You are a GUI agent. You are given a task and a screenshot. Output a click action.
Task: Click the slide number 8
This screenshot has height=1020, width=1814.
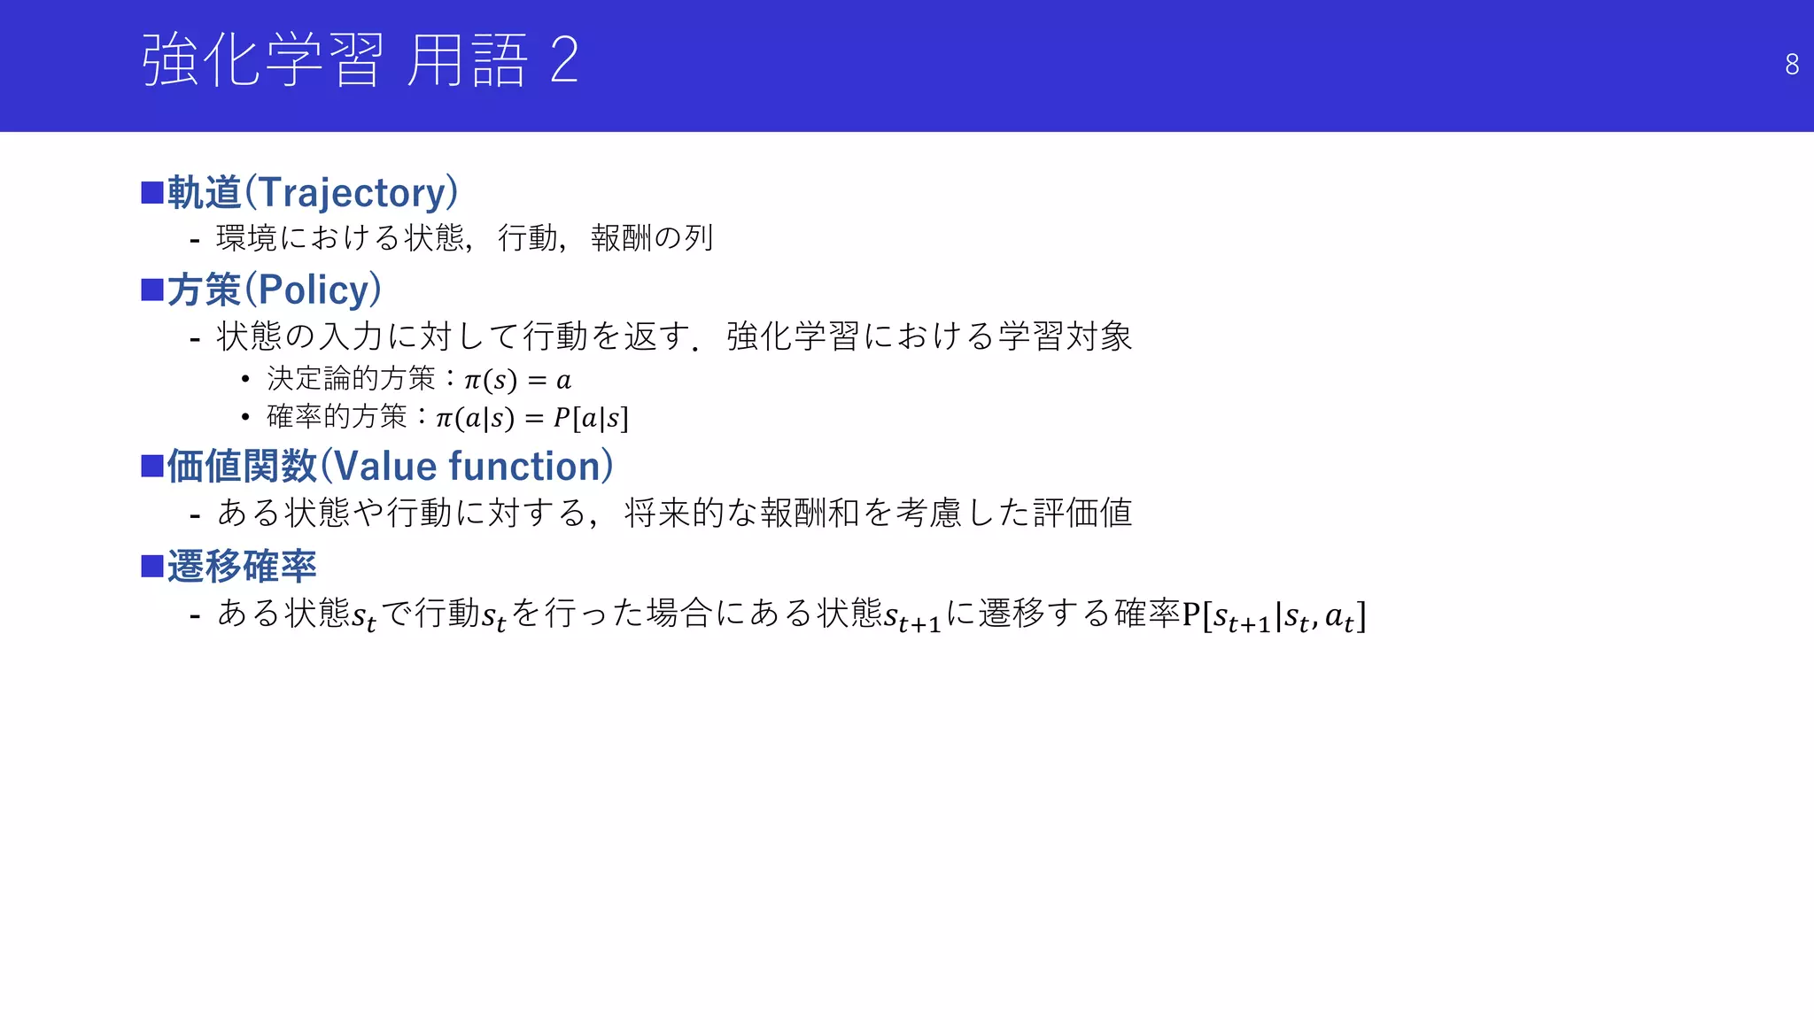[x=1791, y=65]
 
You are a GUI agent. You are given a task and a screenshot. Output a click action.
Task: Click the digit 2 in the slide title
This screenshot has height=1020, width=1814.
[x=564, y=60]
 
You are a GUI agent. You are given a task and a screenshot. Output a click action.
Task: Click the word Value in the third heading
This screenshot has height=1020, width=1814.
[x=385, y=467]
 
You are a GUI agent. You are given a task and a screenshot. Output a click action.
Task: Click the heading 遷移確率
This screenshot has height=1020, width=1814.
[x=242, y=567]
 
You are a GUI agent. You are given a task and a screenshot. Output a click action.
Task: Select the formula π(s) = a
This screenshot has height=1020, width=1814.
[x=517, y=381]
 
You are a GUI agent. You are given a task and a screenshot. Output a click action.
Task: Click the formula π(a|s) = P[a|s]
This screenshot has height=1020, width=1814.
[x=531, y=418]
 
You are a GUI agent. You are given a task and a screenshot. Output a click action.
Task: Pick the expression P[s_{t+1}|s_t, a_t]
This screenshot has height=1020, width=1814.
[x=1274, y=615]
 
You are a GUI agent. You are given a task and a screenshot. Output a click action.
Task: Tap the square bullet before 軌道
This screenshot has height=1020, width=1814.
[x=152, y=192]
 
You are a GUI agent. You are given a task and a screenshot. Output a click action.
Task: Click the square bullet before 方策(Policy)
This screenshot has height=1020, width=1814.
[x=152, y=290]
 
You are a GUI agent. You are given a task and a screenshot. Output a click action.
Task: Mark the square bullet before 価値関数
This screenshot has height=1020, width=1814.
[x=152, y=466]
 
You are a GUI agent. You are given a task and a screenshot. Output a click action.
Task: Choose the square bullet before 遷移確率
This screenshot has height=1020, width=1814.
[x=152, y=566]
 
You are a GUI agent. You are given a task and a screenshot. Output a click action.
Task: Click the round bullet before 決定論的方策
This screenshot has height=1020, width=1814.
[x=245, y=380]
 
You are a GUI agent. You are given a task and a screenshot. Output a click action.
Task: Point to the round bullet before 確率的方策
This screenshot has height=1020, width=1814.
[x=245, y=417]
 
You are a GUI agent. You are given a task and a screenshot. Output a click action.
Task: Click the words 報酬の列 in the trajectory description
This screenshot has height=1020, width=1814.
[x=652, y=238]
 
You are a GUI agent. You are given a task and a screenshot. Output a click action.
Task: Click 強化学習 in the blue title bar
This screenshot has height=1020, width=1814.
[x=263, y=60]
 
